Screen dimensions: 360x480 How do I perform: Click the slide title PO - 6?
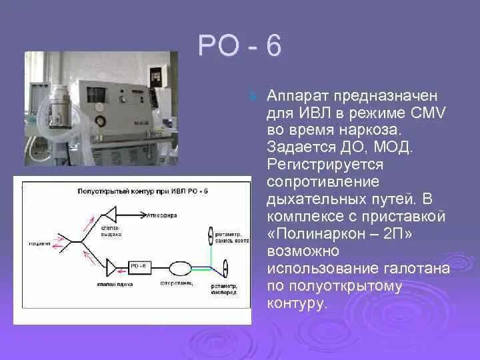pos(239,47)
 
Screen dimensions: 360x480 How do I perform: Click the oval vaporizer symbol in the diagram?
pos(180,267)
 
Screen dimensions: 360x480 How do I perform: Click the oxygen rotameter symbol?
pos(225,269)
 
